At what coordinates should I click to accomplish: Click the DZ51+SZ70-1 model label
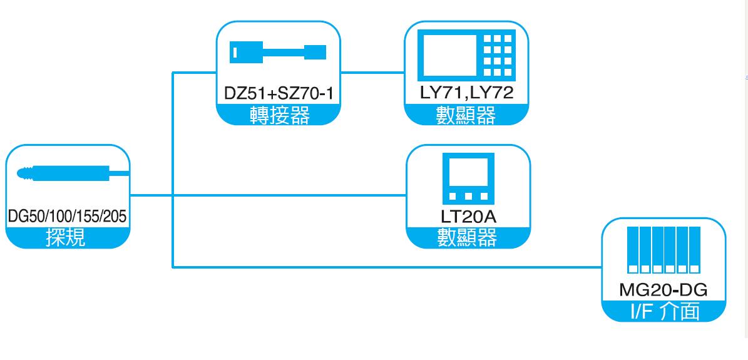tap(279, 95)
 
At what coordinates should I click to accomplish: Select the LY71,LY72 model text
tap(466, 95)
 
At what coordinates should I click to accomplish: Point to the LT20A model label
tap(468, 218)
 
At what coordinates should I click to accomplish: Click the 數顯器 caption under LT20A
tap(468, 238)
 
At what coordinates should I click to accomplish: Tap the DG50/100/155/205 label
tap(68, 217)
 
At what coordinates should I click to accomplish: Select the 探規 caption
tap(68, 238)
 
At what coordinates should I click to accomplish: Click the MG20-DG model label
tap(663, 291)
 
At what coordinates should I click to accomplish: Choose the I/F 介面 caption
tap(663, 311)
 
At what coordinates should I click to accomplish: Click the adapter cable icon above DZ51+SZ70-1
tap(278, 51)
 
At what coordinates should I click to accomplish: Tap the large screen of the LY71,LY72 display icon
tap(449, 56)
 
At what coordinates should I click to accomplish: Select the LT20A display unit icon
tap(468, 177)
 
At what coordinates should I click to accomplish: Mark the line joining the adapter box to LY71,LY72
tap(373, 72)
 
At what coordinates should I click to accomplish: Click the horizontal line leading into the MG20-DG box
tap(388, 267)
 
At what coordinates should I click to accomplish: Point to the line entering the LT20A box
tap(282, 195)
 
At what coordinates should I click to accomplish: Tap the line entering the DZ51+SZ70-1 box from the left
tap(194, 72)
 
